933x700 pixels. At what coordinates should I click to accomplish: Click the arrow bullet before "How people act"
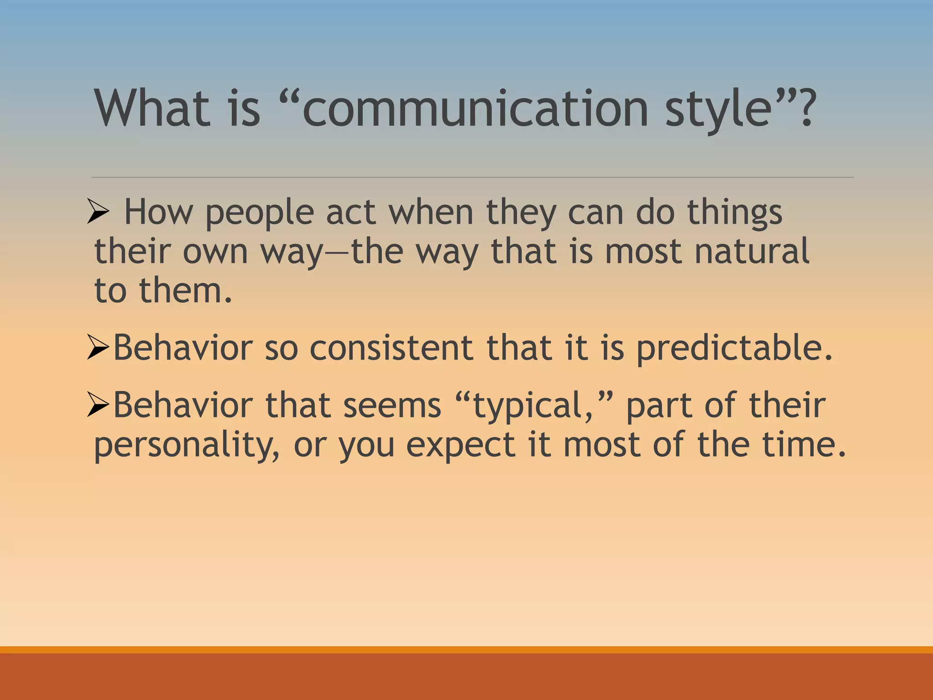[98, 213]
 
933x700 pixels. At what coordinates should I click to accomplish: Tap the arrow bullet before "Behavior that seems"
[98, 405]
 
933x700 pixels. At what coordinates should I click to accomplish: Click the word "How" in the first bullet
[158, 212]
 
